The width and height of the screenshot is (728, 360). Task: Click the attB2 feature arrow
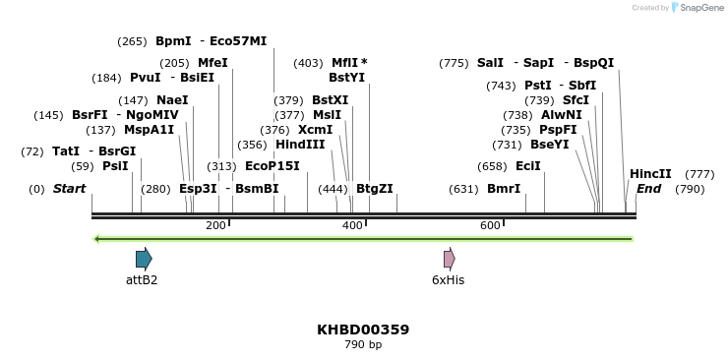pyautogui.click(x=144, y=259)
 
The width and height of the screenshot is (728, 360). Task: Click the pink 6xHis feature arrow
pyautogui.click(x=449, y=259)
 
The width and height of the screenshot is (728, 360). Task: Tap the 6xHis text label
pyautogui.click(x=448, y=280)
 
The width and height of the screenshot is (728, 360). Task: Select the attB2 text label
pyautogui.click(x=142, y=280)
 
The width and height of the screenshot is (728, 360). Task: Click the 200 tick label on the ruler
pyautogui.click(x=215, y=226)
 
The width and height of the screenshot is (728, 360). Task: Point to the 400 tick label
pyautogui.click(x=352, y=226)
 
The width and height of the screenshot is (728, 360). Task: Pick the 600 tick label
pyautogui.click(x=490, y=226)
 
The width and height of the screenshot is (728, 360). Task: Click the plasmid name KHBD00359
pyautogui.click(x=363, y=330)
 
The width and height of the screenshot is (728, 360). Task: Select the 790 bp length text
pyautogui.click(x=363, y=345)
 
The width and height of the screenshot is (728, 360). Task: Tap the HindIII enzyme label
pyautogui.click(x=300, y=145)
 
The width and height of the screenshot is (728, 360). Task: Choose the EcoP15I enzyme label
pyautogui.click(x=273, y=166)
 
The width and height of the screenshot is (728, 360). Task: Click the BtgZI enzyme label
pyautogui.click(x=374, y=189)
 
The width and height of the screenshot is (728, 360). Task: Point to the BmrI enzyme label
pyautogui.click(x=504, y=189)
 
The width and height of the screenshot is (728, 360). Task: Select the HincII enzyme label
pyautogui.click(x=650, y=174)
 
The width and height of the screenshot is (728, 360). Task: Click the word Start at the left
pyautogui.click(x=69, y=189)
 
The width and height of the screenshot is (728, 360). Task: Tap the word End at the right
pyautogui.click(x=648, y=189)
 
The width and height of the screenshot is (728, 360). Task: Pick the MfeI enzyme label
pyautogui.click(x=212, y=63)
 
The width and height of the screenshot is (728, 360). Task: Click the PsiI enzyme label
pyautogui.click(x=115, y=166)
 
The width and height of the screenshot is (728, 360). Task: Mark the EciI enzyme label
pyautogui.click(x=528, y=166)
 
